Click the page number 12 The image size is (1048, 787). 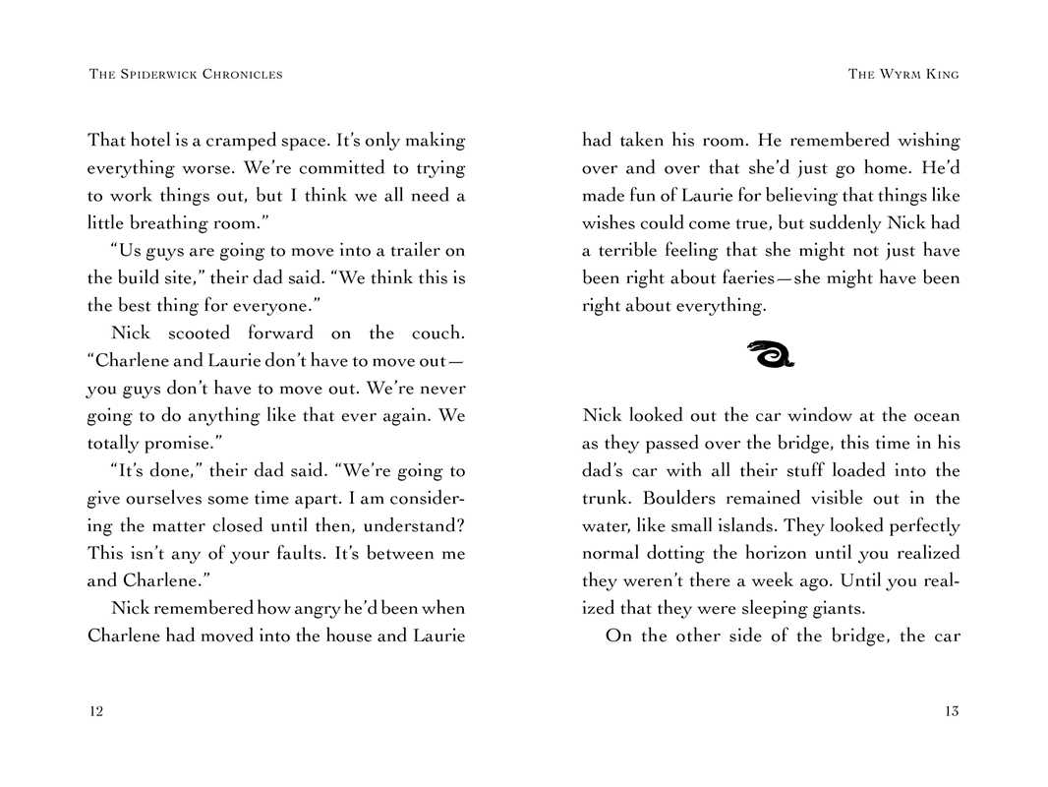(x=95, y=711)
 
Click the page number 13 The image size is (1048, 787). (x=951, y=711)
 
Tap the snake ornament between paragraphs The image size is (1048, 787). (x=770, y=353)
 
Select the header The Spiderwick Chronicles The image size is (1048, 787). (x=186, y=74)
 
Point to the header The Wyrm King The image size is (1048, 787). (x=902, y=74)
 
